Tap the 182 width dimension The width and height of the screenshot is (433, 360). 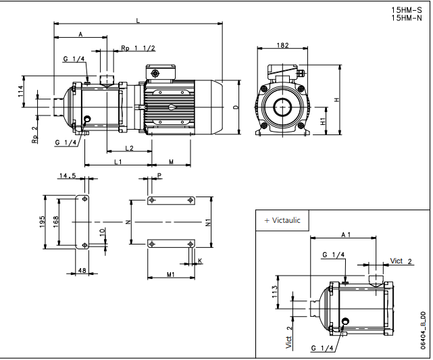pyautogui.click(x=282, y=46)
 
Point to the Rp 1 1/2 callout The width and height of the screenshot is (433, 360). pyautogui.click(x=138, y=48)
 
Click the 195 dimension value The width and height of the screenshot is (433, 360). pyautogui.click(x=42, y=222)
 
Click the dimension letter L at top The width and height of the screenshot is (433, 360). pyautogui.click(x=138, y=22)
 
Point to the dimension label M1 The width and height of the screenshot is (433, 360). pyautogui.click(x=171, y=274)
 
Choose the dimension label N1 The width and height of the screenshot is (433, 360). pyautogui.click(x=209, y=222)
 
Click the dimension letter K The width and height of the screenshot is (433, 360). pyautogui.click(x=200, y=260)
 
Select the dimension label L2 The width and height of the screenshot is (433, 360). pyautogui.click(x=129, y=148)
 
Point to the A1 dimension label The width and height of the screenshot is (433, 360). pyautogui.click(x=346, y=235)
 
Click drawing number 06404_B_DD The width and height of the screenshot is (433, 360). pyautogui.click(x=423, y=330)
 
